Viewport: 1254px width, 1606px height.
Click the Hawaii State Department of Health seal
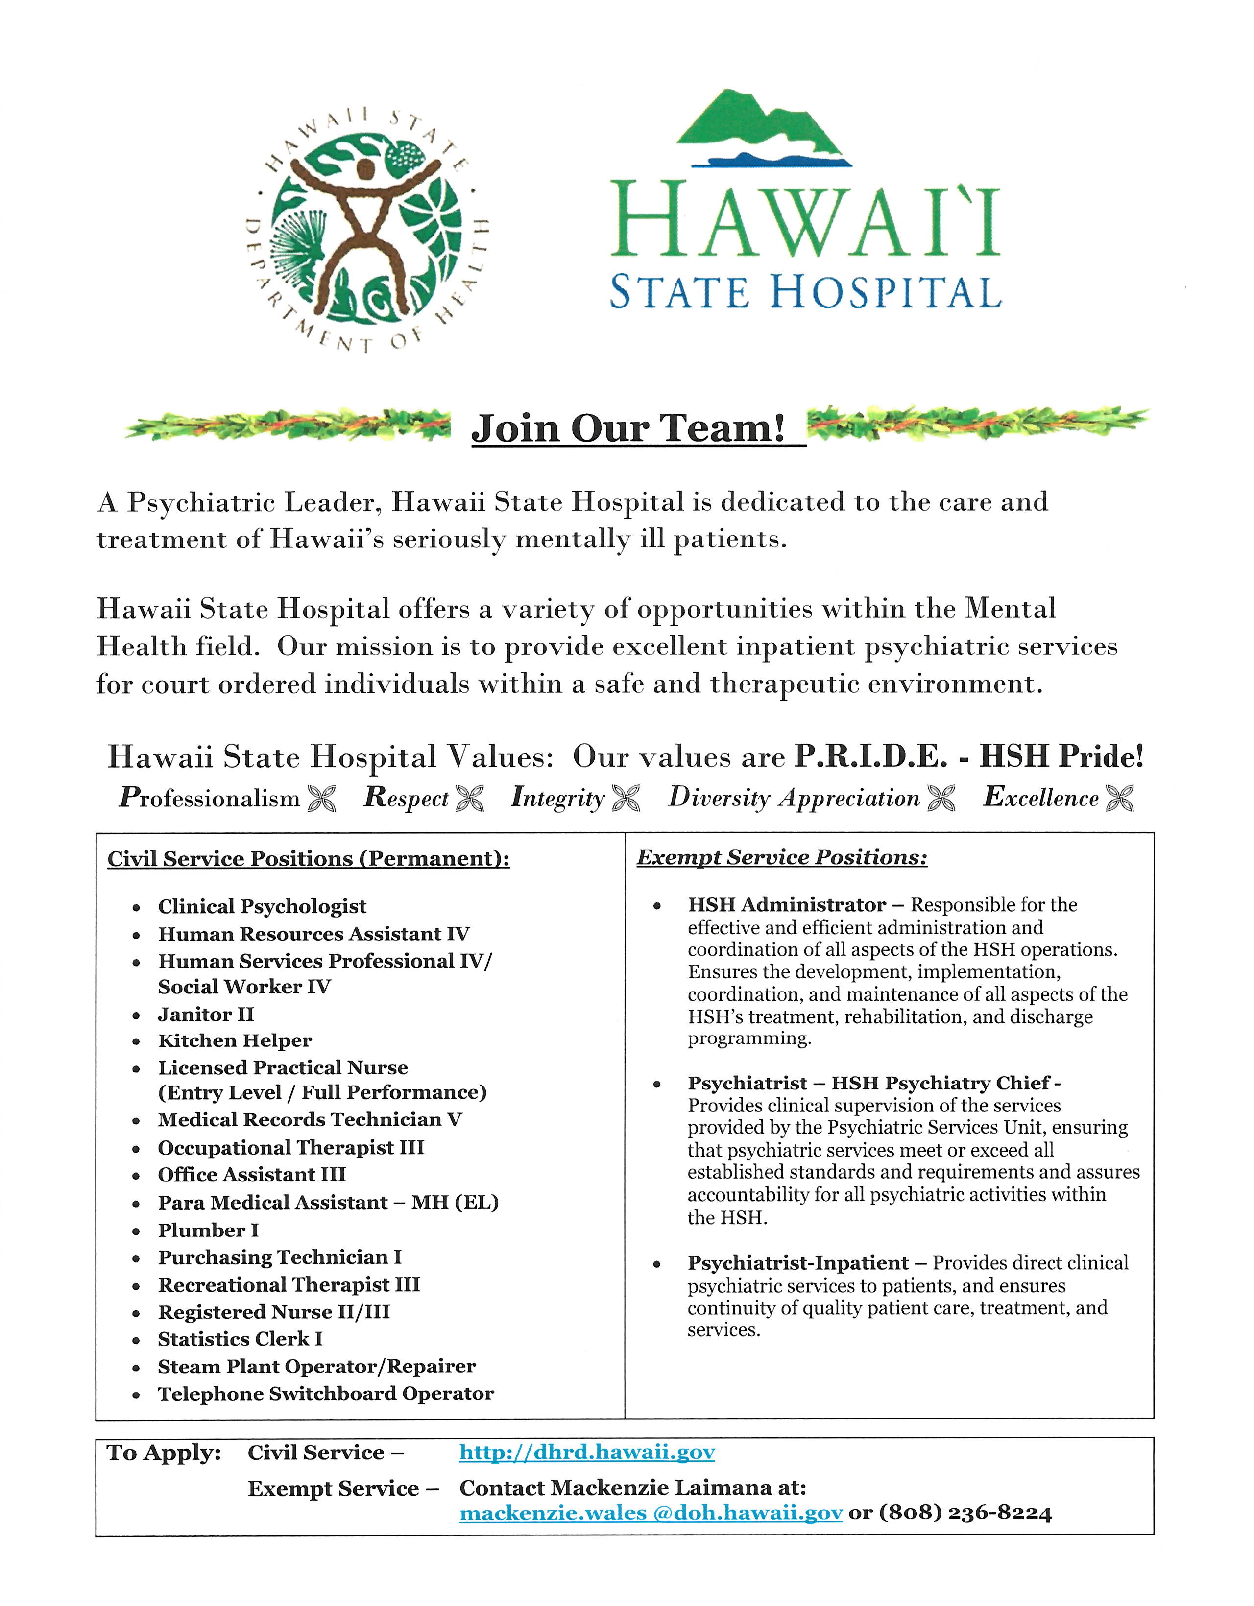[x=365, y=228]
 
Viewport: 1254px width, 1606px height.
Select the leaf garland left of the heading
[x=287, y=425]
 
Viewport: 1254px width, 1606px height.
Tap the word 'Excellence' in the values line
[x=1041, y=798]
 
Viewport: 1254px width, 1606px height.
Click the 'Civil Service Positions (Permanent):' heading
[x=308, y=859]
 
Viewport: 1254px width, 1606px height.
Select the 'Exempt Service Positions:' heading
[x=781, y=857]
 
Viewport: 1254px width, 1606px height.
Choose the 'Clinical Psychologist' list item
[x=262, y=907]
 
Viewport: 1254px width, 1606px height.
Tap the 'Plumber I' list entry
[x=208, y=1230]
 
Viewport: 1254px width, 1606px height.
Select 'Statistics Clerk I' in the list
[x=240, y=1339]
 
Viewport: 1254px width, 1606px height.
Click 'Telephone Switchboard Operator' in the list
[x=326, y=1393]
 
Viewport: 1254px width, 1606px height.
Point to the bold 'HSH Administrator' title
[x=786, y=905]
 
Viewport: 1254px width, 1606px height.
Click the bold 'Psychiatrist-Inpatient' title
[x=798, y=1263]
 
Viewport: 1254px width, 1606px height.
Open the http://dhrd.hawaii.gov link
[x=587, y=1452]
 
